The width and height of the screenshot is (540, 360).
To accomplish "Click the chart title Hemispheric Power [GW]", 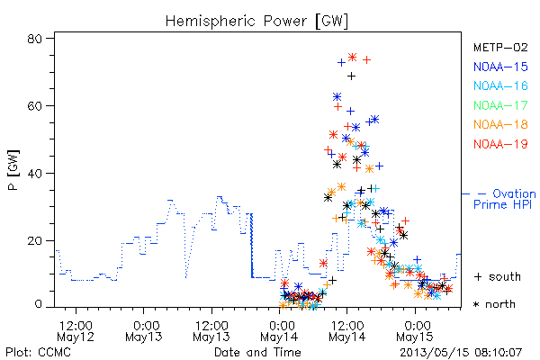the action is click(x=256, y=22).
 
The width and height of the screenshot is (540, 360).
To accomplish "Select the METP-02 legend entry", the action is click(x=500, y=48).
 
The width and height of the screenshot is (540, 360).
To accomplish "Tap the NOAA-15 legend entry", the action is click(x=500, y=67).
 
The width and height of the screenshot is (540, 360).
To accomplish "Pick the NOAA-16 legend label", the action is click(x=500, y=85).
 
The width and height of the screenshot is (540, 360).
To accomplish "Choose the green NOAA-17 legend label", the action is click(x=500, y=105).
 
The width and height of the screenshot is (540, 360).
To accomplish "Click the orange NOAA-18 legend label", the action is click(x=500, y=124).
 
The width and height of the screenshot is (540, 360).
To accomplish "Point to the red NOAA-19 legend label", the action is click(x=500, y=144).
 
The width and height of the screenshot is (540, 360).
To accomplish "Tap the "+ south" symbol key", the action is click(x=498, y=276).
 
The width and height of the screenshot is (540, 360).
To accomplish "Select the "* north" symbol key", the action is click(x=494, y=304).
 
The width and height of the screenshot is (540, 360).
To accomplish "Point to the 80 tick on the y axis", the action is click(x=34, y=39).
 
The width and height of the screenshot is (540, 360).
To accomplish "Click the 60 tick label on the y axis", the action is click(x=34, y=106).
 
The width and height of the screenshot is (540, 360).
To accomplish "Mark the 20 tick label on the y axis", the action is click(x=34, y=240).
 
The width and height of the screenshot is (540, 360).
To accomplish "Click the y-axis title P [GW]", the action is click(x=13, y=170).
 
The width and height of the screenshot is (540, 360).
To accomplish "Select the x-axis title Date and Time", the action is click(x=257, y=352).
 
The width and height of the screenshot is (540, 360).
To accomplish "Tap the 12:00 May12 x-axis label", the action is click(x=76, y=331).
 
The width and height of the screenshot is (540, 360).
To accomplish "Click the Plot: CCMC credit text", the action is click(x=38, y=352).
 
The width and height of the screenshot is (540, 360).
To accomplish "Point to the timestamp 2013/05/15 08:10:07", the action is click(x=461, y=353).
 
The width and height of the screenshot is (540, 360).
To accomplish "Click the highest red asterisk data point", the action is click(x=352, y=58).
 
